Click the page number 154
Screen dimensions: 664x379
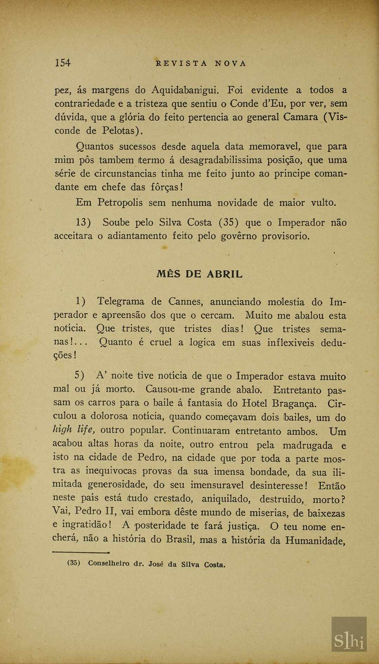pos(62,63)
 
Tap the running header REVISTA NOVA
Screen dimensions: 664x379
pos(201,63)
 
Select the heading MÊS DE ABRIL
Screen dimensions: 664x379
pos(199,274)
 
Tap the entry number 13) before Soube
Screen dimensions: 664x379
pos(83,223)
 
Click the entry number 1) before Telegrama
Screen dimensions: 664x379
pos(80,301)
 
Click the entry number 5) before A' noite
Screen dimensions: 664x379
pos(79,376)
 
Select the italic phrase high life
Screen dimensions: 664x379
pos(74,430)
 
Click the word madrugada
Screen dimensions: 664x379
pos(307,445)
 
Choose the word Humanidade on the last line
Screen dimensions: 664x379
pos(315,541)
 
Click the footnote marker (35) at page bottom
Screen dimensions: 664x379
pos(74,563)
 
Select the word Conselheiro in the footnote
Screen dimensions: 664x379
pos(108,563)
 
